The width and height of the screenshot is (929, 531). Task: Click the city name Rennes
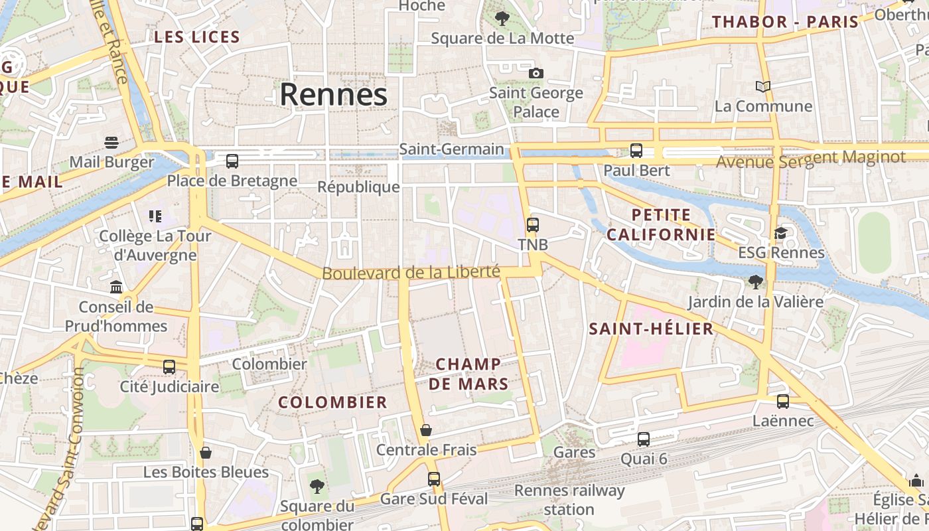(x=333, y=95)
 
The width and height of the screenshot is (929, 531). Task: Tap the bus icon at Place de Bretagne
(x=232, y=161)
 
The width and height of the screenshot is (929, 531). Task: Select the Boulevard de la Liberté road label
(x=411, y=272)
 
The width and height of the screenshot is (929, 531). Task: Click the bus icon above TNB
(x=533, y=224)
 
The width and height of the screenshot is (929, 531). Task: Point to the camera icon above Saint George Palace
(x=536, y=73)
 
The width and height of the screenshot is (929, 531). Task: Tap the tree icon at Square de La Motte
(x=502, y=19)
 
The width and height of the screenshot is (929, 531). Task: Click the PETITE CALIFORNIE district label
(x=661, y=224)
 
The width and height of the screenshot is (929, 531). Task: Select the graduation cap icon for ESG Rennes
(x=781, y=233)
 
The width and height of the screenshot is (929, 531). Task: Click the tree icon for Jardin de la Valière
(x=755, y=282)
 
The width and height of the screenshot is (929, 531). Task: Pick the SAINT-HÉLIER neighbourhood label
(x=651, y=329)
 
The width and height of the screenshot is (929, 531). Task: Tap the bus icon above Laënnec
(x=783, y=401)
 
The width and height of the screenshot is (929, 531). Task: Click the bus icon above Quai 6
(x=644, y=439)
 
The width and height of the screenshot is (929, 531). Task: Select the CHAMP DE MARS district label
(x=468, y=374)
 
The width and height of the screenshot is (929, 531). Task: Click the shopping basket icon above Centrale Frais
(x=426, y=430)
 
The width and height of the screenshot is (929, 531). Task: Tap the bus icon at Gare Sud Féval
(x=434, y=479)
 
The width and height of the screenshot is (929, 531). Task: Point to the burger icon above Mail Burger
(x=111, y=142)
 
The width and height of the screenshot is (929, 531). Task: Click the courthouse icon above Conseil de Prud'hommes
(x=116, y=287)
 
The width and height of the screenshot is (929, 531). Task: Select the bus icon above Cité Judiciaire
(x=169, y=366)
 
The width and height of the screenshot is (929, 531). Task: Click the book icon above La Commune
(x=763, y=86)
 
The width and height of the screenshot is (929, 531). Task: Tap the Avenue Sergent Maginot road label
(x=810, y=159)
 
